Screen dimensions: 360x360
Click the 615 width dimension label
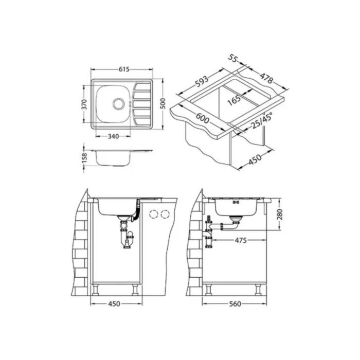click(124, 69)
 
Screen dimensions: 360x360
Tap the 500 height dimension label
click(163, 104)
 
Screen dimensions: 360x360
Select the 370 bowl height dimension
click(84, 104)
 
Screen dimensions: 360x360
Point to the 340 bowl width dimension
click(113, 136)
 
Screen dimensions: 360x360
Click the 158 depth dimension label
click(84, 158)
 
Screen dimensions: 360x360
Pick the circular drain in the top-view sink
click(119, 104)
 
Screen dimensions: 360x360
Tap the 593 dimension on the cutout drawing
click(202, 82)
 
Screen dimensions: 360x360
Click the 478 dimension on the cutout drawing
click(266, 78)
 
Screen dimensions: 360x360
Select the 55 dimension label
click(232, 58)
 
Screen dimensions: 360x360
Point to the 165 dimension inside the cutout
click(234, 100)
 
